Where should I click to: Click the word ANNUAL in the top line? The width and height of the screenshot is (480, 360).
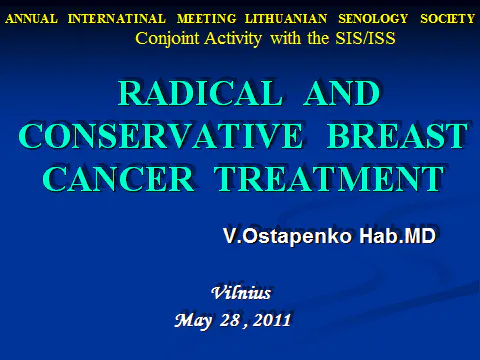[x=29, y=18]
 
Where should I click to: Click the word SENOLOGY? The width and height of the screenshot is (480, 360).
[x=355, y=18]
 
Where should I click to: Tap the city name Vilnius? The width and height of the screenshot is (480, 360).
[x=242, y=292]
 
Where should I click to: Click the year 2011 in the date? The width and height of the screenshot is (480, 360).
[x=270, y=320]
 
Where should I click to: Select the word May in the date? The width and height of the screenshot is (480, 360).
[x=193, y=320]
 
